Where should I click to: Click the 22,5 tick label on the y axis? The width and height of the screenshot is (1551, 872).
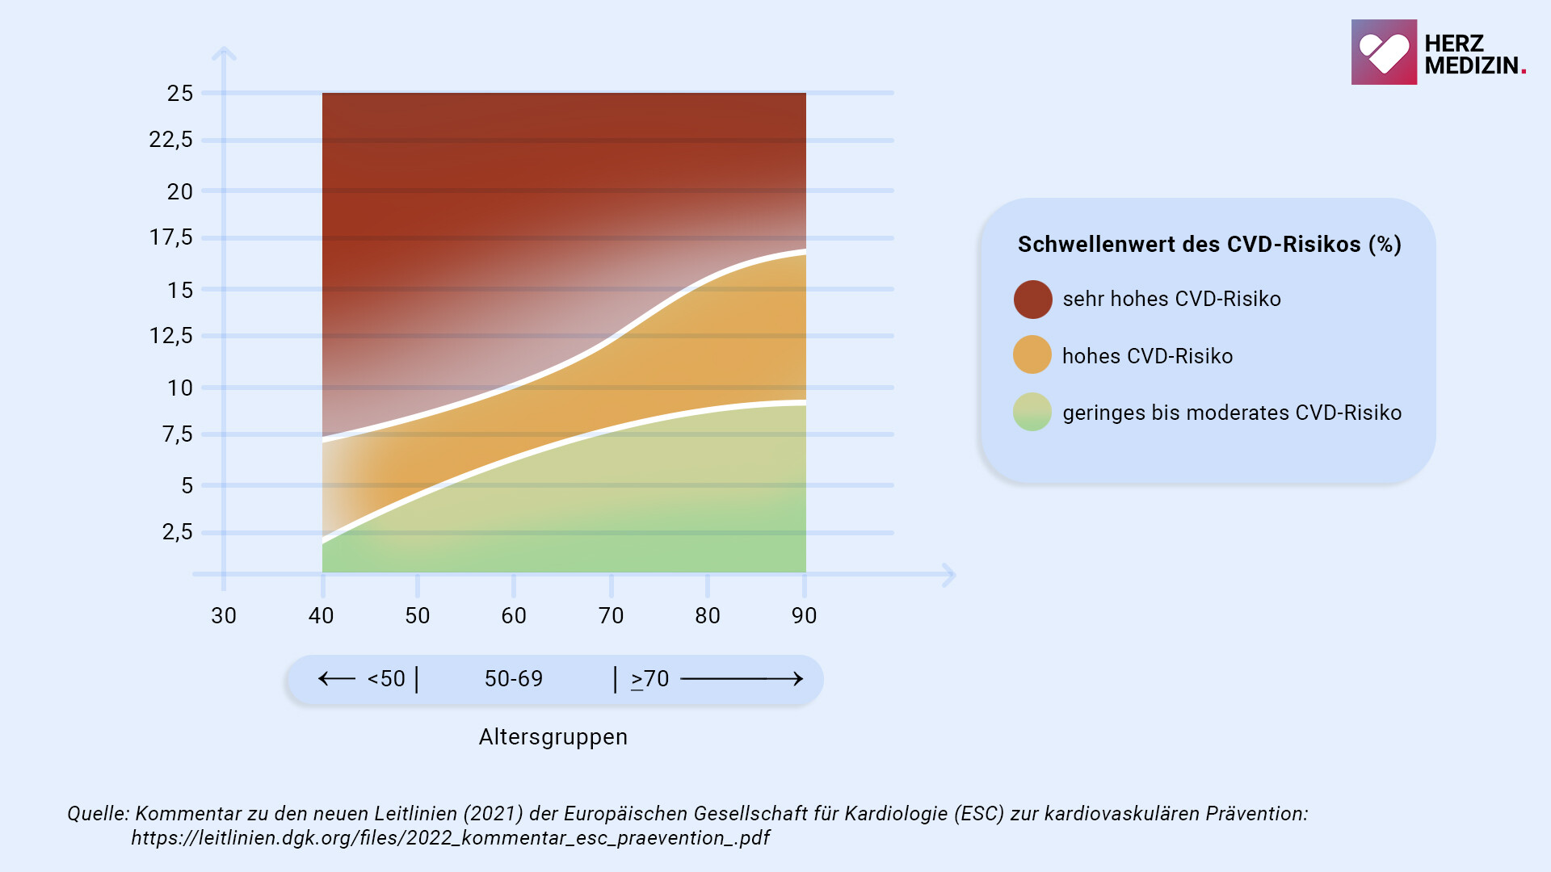tap(170, 140)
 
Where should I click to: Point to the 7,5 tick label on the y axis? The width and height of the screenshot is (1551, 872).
tap(178, 434)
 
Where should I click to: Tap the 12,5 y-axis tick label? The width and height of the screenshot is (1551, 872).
tap(170, 336)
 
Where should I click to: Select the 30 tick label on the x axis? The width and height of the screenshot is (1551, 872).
tap(224, 616)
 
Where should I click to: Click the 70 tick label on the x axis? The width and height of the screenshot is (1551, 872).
tap(611, 616)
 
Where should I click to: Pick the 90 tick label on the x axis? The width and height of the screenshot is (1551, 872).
tap(804, 616)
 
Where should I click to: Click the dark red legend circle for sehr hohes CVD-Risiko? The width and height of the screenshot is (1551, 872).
tap(1032, 300)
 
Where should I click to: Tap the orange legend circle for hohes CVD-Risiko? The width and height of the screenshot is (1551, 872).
tap(1032, 355)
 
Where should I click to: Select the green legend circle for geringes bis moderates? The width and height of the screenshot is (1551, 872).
tap(1032, 412)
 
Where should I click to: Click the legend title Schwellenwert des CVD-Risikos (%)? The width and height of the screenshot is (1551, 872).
tap(1208, 245)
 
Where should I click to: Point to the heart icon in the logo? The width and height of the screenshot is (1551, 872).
tap(1383, 52)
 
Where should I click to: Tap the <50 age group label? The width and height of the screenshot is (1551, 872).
tap(386, 679)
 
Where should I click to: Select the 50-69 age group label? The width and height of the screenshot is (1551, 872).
tap(514, 679)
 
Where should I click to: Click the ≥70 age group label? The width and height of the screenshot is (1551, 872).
tap(650, 679)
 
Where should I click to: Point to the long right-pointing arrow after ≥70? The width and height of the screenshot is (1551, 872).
tap(742, 679)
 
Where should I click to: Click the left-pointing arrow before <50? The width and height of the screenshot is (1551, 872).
tap(337, 679)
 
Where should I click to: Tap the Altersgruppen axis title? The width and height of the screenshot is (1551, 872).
tap(553, 737)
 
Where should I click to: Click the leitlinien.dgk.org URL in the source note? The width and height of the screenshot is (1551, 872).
tap(450, 838)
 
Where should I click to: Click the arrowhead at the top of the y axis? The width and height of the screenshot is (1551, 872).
tap(224, 53)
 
